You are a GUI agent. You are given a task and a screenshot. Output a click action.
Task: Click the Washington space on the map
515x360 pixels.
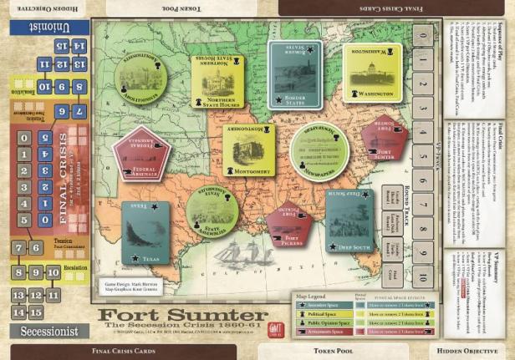point(371,73)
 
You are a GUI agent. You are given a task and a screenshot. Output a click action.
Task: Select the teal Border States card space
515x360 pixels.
point(295,73)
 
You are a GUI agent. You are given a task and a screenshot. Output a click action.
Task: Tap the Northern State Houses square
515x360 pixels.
point(217,81)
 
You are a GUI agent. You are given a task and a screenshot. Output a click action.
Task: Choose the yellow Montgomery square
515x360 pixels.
point(248,150)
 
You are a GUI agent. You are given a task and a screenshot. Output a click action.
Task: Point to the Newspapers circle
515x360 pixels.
point(319,150)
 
